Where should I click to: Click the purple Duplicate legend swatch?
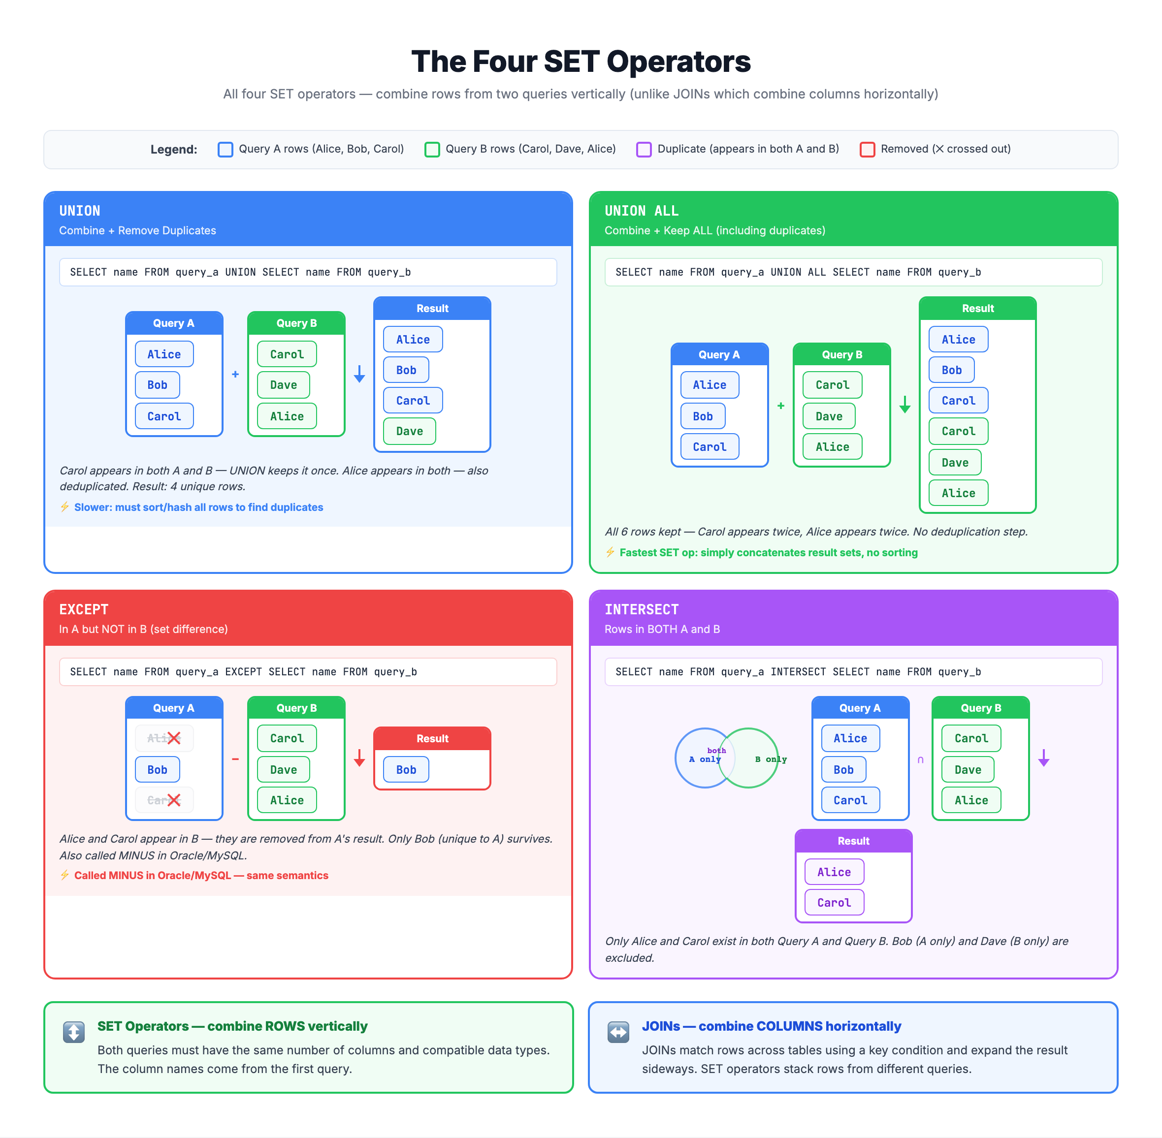point(644,150)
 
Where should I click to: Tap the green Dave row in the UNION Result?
point(410,431)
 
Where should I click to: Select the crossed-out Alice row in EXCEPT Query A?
point(164,738)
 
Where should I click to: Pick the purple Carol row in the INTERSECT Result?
point(834,903)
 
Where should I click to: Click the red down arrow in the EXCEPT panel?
point(359,758)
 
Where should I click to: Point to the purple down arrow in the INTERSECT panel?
point(1044,758)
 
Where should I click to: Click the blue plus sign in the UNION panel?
point(235,374)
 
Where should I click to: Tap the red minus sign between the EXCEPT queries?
point(235,759)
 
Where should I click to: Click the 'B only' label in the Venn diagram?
point(771,759)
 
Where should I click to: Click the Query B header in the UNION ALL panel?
point(841,354)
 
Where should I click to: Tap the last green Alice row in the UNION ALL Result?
point(958,493)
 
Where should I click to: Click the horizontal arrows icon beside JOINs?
point(618,1032)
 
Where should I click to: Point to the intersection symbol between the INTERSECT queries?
point(921,759)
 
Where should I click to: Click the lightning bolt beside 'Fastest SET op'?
point(610,552)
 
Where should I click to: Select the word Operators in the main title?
point(678,62)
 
